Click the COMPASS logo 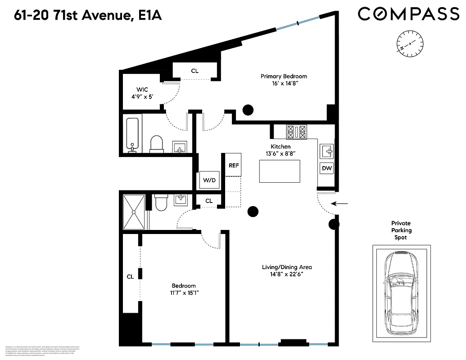click(408, 14)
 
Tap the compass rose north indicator click(410, 43)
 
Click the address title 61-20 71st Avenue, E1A click(81, 16)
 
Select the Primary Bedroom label click(284, 80)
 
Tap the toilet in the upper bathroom click(156, 144)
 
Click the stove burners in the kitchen click(296, 132)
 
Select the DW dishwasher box click(326, 169)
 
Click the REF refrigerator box click(234, 165)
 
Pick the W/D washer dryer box click(209, 180)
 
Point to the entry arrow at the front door click(342, 204)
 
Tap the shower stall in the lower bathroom click(134, 212)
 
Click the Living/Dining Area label click(287, 270)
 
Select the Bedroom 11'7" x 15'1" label click(184, 289)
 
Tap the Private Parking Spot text click(401, 230)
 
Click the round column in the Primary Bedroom click(248, 109)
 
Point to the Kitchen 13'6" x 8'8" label click(280, 150)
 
